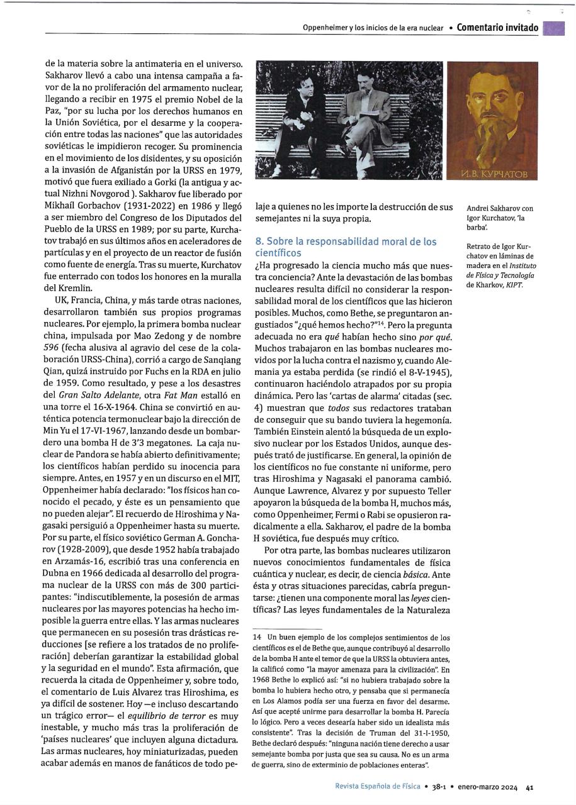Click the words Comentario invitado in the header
click(497, 28)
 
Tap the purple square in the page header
click(553, 28)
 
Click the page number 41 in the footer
click(531, 786)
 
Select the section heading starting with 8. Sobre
click(346, 247)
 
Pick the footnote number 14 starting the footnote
click(256, 638)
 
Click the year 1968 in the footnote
click(263, 679)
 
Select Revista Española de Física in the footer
click(378, 786)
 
